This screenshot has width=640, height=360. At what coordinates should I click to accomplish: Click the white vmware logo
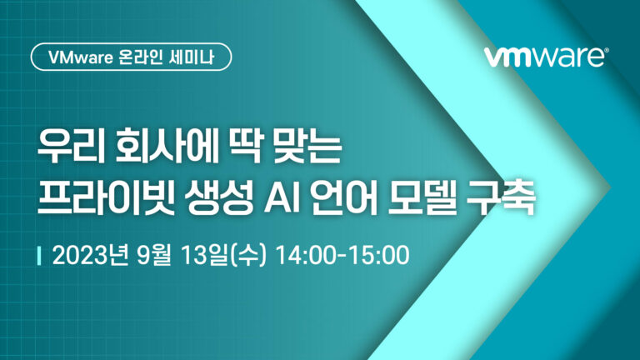click(x=546, y=57)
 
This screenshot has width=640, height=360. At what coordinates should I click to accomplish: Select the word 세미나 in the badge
click(x=192, y=57)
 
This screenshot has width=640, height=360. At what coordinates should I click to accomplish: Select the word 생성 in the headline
click(x=219, y=199)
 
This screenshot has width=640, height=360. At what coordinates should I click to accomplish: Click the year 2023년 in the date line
click(x=90, y=255)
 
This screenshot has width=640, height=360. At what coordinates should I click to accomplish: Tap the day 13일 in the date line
click(x=202, y=255)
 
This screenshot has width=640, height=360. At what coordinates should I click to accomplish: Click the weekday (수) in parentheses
click(x=248, y=256)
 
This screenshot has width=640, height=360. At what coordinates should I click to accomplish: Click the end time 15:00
click(x=380, y=255)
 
